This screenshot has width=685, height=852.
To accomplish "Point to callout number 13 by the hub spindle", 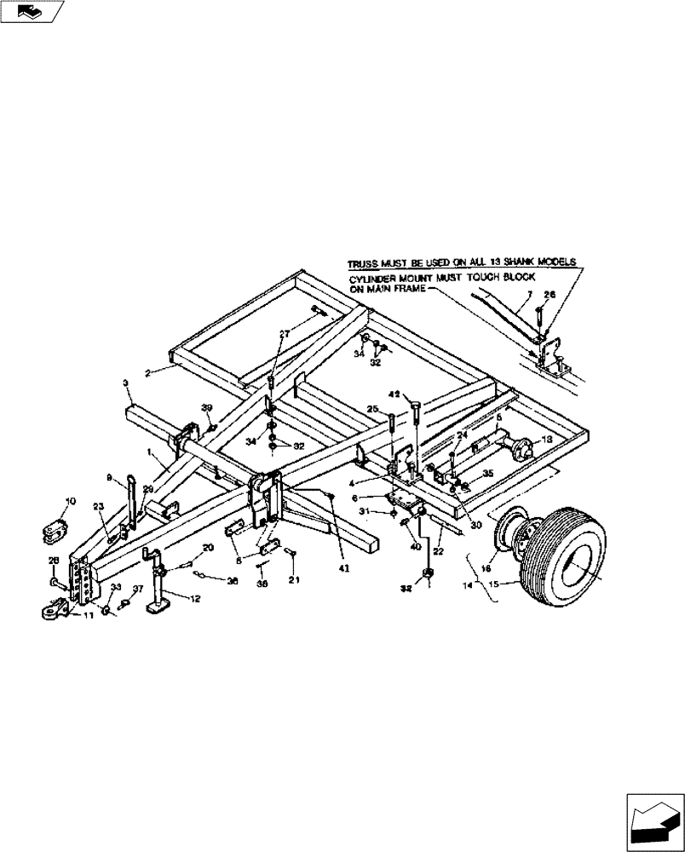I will [547, 439].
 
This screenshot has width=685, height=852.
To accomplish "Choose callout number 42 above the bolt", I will [394, 394].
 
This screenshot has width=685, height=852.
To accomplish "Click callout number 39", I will [206, 409].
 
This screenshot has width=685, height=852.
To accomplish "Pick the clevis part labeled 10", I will [54, 531].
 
